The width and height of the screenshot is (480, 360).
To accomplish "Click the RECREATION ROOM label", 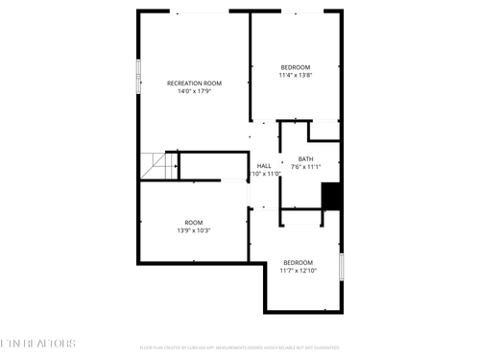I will tap(194, 84).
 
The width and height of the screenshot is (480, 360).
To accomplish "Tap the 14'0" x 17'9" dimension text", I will tap(194, 93).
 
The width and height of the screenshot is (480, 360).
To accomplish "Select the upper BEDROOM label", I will tap(295, 66).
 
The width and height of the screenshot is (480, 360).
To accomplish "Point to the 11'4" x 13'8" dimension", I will tap(295, 75).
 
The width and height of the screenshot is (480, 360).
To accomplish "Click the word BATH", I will tap(305, 158).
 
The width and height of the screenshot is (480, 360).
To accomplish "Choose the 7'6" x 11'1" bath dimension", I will tap(306, 167).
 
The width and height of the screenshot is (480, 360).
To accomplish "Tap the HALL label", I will tap(264, 165).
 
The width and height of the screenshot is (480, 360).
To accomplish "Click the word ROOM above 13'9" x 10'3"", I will tap(194, 222).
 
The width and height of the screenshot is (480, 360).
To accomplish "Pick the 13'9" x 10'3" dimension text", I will tap(194, 230).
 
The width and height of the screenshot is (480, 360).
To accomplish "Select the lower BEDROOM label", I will tap(298, 262).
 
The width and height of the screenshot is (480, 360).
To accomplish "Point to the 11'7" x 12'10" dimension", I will tap(298, 271).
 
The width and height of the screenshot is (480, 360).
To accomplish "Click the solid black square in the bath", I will tap(331, 196).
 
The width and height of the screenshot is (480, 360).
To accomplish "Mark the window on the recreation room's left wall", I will tap(138, 75).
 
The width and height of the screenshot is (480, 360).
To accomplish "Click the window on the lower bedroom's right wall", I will tap(342, 266).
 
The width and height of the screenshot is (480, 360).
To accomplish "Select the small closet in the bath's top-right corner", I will tap(324, 131).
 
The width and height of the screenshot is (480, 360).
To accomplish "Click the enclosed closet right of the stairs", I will tap(213, 164).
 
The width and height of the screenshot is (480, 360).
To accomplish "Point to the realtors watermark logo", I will tap(36, 343).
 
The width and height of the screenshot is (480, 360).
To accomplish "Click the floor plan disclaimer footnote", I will tap(240, 347).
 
